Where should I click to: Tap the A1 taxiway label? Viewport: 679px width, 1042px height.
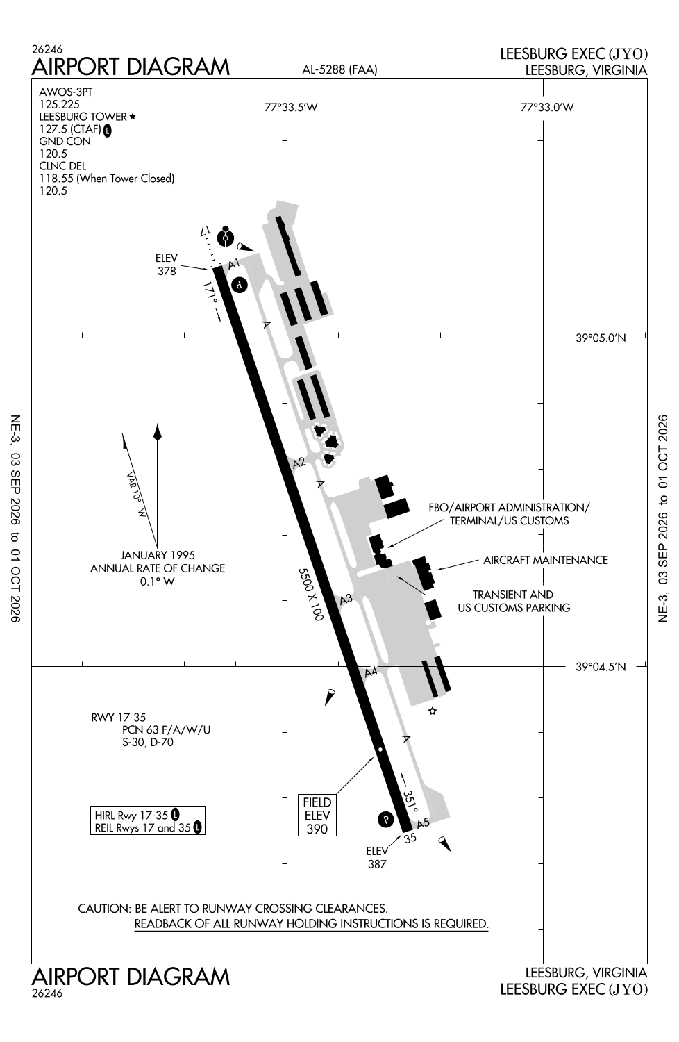tap(234, 264)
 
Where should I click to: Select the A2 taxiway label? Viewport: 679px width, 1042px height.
tap(299, 463)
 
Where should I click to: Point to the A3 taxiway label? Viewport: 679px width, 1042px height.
tap(346, 599)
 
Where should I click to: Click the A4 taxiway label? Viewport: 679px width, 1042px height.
tap(371, 672)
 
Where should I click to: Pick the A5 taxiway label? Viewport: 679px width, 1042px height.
tap(424, 824)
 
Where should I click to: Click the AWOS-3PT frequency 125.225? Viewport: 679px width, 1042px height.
tap(60, 104)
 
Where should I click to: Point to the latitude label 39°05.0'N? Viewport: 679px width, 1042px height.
tap(601, 338)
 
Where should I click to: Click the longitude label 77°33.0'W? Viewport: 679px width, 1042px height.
tap(547, 108)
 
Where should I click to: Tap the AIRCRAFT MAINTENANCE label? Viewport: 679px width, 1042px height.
tap(546, 560)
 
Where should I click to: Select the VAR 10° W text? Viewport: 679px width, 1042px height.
tap(136, 495)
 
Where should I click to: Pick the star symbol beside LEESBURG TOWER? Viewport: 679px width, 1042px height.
tap(133, 116)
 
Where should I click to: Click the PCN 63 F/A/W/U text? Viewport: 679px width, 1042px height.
tap(166, 730)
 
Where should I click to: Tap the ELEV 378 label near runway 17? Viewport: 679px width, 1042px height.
tap(167, 264)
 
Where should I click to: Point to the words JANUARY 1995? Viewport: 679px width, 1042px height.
tap(158, 555)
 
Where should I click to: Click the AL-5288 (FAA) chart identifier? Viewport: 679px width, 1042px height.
tap(339, 69)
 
